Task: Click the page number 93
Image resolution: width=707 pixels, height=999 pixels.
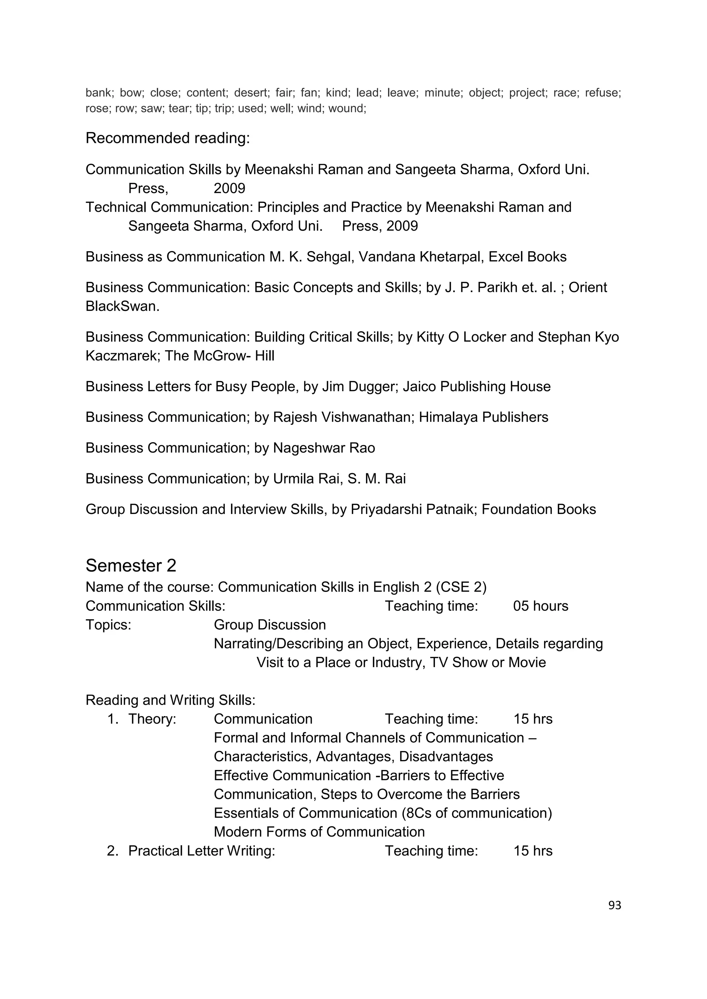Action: point(614,906)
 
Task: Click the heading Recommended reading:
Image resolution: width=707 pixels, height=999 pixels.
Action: point(168,138)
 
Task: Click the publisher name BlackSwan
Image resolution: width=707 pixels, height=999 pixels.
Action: point(122,306)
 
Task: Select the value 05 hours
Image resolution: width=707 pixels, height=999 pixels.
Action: point(541,606)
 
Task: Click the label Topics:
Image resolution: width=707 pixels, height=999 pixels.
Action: point(108,625)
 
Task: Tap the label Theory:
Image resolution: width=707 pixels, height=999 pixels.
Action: point(152,719)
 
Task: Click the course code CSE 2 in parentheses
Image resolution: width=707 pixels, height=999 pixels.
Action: point(461,587)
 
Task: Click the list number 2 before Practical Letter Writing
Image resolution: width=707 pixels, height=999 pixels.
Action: point(112,851)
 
